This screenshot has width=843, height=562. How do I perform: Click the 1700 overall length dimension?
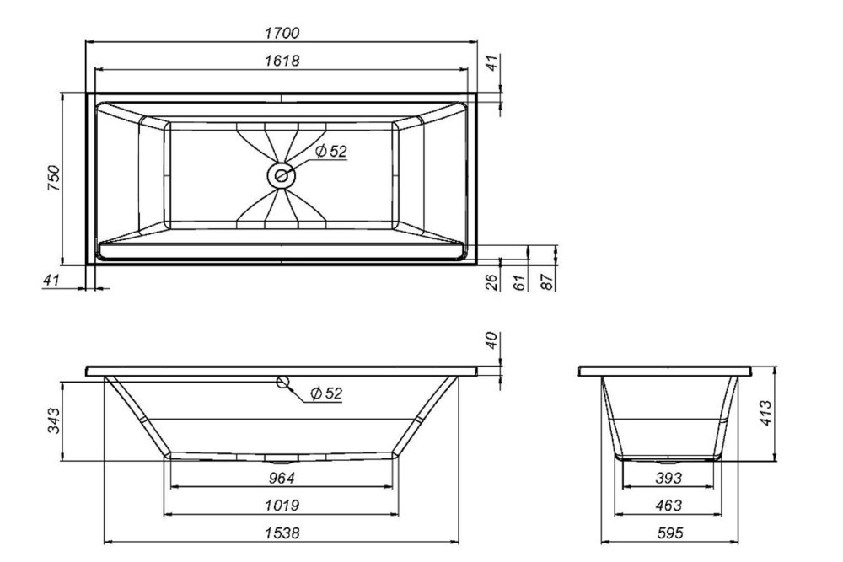pos(282,33)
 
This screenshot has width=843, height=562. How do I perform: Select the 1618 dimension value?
pos(282,61)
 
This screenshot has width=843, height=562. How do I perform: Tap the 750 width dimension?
pos(54,179)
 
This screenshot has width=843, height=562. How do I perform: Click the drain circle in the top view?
pos(281,175)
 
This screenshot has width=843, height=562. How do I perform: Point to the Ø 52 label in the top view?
pos(331,152)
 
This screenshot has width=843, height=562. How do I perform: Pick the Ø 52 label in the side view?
pos(325,393)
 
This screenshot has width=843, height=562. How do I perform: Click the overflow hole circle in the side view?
pos(282,382)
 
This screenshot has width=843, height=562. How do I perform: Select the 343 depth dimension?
pos(54,420)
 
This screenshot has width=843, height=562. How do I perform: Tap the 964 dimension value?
pos(282,478)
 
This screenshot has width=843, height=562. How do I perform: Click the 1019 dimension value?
pos(282,506)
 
